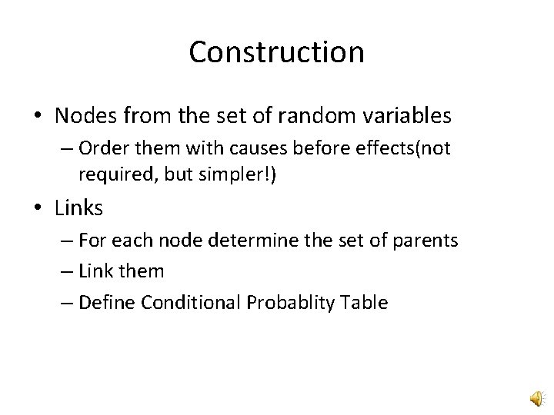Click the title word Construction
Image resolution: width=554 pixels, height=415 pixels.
[276, 52]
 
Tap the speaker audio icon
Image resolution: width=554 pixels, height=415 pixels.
[536, 398]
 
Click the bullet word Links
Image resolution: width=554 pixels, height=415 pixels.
[78, 207]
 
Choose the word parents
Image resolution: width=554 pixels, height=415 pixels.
[427, 241]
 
